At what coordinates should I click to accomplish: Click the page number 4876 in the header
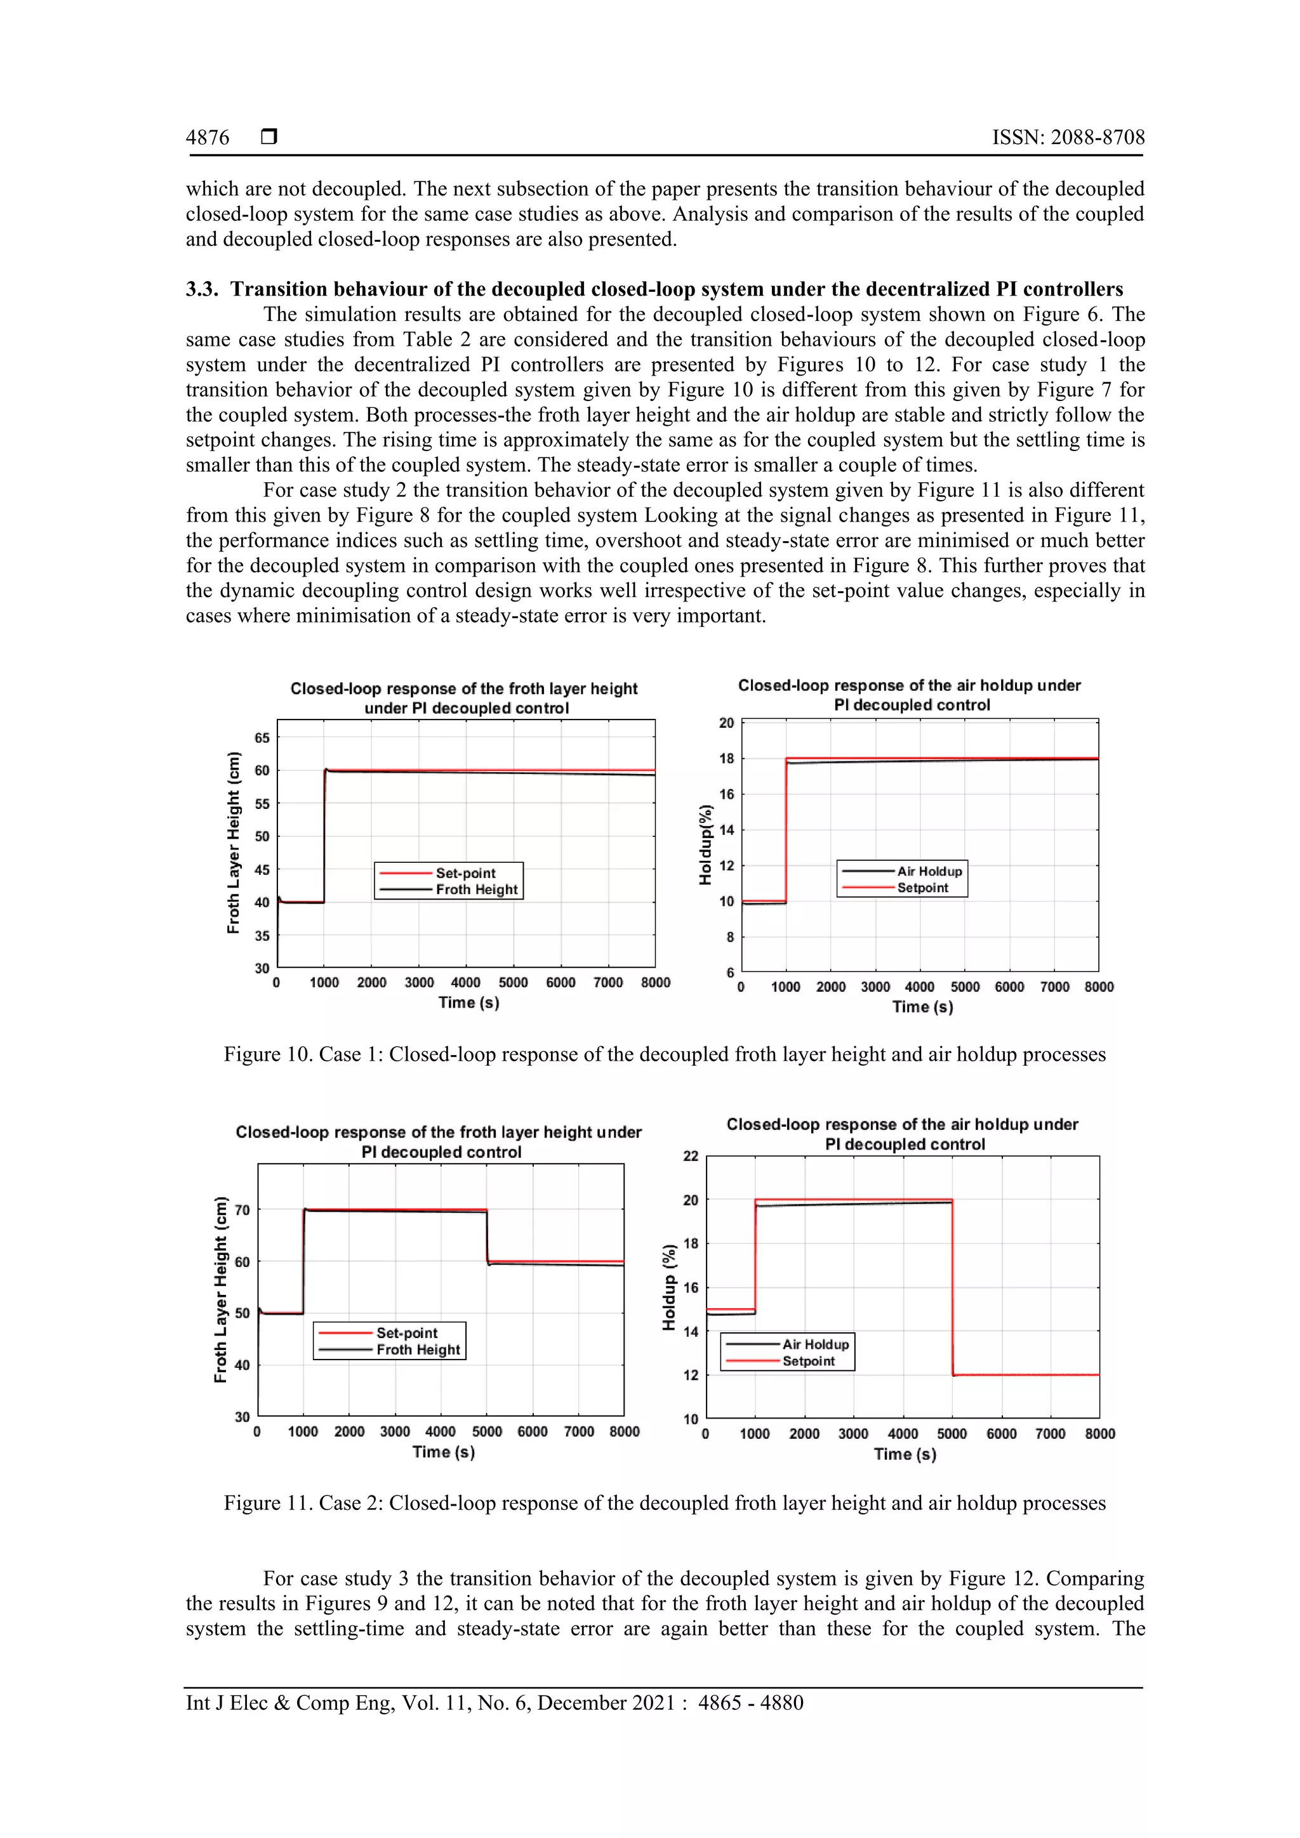(208, 138)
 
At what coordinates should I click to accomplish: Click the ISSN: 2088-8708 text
(1068, 138)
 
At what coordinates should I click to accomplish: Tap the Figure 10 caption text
(664, 1054)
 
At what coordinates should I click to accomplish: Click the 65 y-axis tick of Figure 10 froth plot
(262, 738)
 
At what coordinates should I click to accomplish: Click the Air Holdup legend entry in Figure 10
(929, 871)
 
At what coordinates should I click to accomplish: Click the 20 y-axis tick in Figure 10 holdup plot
(727, 723)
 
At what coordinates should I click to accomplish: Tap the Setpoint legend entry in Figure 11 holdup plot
(808, 1361)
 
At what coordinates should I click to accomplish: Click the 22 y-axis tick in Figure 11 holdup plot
(691, 1156)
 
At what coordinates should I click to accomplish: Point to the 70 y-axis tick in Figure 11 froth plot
(242, 1210)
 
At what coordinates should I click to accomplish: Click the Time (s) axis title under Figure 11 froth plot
(444, 1452)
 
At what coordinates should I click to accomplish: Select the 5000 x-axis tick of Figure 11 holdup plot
(952, 1434)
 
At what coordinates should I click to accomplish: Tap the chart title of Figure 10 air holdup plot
(909, 695)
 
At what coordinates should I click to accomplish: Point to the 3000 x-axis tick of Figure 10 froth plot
(419, 983)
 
